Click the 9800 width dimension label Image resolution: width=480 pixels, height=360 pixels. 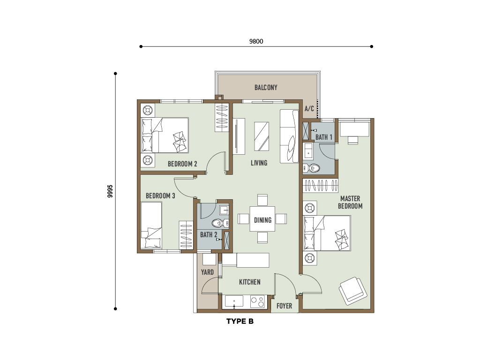[256, 41]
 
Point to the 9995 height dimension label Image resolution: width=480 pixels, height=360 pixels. [110, 191]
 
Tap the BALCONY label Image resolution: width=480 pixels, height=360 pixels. [266, 88]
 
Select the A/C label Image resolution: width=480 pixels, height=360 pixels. [309, 109]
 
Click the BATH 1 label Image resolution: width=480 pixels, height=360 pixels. [324, 137]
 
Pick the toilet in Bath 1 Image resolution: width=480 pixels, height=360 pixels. [312, 168]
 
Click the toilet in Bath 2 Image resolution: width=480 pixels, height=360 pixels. [220, 223]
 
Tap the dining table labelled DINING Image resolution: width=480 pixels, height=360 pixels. [262, 219]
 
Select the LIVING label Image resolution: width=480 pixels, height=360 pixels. [259, 163]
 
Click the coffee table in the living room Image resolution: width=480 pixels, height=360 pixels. [262, 136]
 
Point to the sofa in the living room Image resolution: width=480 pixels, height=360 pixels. [289, 136]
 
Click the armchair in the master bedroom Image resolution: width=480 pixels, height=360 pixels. [353, 291]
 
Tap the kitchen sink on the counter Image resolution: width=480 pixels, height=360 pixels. [234, 301]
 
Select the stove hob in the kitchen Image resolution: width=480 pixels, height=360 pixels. [257, 301]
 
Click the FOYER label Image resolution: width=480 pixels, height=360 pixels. [284, 306]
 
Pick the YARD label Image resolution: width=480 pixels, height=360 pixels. [207, 272]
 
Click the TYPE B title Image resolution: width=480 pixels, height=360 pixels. [240, 322]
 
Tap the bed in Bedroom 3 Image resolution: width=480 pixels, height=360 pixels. [151, 225]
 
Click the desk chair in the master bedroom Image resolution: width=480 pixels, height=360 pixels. [353, 140]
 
